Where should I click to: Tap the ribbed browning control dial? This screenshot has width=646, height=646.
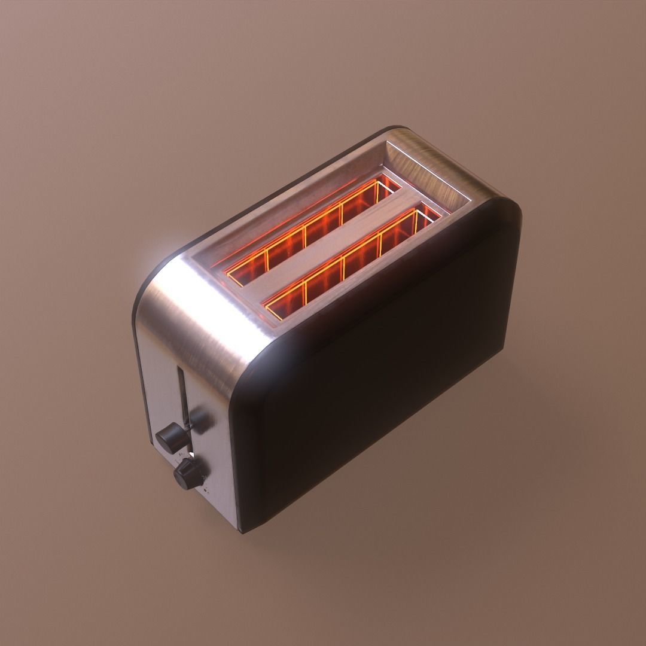(x=186, y=474)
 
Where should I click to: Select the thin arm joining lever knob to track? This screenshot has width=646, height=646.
(x=187, y=426)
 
